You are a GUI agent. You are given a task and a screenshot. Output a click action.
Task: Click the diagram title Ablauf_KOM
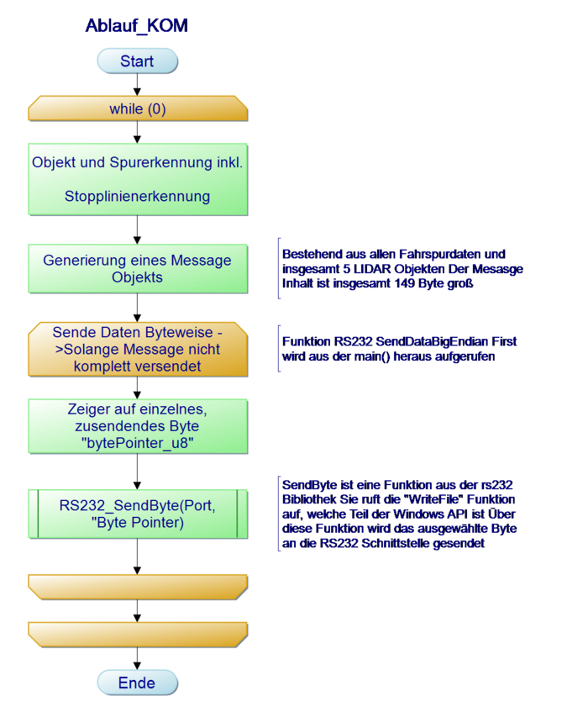[x=136, y=26]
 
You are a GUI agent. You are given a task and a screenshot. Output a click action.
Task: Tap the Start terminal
[x=137, y=61]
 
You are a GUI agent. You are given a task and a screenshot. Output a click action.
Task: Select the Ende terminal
[x=137, y=683]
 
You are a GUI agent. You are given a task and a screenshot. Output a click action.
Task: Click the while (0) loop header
[x=137, y=109]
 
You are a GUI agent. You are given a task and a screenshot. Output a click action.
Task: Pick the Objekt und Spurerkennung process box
[x=137, y=179]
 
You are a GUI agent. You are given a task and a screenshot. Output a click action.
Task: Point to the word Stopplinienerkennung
[x=137, y=197]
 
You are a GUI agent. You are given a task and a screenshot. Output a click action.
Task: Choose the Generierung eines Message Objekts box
[x=137, y=269]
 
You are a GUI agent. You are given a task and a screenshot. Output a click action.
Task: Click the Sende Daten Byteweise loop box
[x=137, y=349]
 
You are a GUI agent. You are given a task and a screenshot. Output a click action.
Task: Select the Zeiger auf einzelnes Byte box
[x=137, y=427]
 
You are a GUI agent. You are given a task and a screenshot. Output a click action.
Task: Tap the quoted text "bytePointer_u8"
[x=137, y=444]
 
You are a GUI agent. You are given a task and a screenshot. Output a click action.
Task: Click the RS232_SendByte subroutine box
[x=137, y=514]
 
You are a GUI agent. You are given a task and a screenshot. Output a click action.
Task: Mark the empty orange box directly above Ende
[x=137, y=634]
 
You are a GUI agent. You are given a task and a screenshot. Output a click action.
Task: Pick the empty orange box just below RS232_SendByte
[x=137, y=586]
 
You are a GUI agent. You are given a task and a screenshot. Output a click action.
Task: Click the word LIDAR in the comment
[x=364, y=269]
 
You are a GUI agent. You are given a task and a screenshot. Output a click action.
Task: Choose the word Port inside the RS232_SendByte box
[x=197, y=506]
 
